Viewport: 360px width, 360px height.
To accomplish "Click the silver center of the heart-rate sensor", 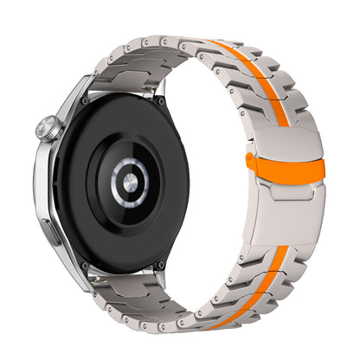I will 129,181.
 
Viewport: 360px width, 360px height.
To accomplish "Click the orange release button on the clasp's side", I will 251,159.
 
